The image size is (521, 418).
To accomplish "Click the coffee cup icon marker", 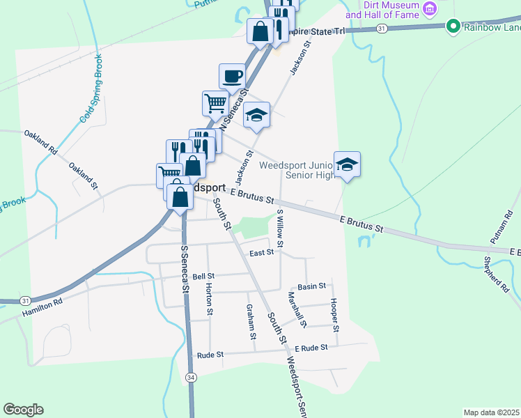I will (232, 75).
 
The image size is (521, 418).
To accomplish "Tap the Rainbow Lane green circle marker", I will (453, 27).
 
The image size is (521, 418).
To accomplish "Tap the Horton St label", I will (209, 296).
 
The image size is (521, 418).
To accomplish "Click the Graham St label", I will (251, 322).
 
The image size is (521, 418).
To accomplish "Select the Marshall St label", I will (297, 309).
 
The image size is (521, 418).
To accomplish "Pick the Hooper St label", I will (335, 314).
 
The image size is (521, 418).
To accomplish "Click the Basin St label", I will (311, 286).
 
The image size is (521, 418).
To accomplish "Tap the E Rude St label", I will (311, 348).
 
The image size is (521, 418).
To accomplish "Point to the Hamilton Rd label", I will (42, 304).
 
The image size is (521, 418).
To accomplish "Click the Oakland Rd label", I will (40, 142).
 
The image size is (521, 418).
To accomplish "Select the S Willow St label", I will (280, 229).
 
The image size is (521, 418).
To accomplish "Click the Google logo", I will (23, 410).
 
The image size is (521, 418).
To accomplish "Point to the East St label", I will (261, 253).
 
